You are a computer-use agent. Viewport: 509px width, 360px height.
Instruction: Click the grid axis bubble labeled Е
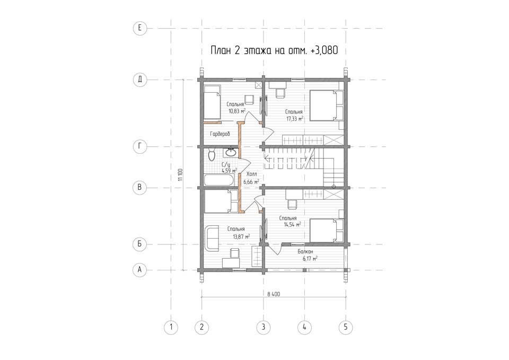point(140,28)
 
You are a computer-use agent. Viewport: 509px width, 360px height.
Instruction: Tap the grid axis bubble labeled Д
point(140,80)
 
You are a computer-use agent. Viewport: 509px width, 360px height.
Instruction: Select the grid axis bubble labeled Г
point(140,147)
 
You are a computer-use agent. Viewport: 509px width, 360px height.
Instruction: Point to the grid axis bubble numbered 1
point(171,327)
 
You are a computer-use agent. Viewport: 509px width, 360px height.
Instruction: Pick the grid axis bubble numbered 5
point(345,327)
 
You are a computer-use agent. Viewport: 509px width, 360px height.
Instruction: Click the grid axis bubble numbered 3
point(264,327)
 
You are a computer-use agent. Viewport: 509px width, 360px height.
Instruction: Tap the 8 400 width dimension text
point(274,294)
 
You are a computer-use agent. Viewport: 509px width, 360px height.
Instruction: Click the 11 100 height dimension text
point(180,175)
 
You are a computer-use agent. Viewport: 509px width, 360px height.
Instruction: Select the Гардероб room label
point(220,134)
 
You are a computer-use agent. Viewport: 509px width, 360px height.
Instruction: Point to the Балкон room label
point(305,252)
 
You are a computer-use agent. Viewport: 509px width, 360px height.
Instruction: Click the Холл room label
point(251,174)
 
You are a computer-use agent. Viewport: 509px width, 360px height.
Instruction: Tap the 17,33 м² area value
point(294,119)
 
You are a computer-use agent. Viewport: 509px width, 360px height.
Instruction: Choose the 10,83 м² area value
point(236,111)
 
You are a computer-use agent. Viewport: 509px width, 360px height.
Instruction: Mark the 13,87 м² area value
point(241,236)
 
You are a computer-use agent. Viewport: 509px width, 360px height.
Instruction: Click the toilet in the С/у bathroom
point(212,155)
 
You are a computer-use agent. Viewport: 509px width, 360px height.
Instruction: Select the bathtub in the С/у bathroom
point(218,180)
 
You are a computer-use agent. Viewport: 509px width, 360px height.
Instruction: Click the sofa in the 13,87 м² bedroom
point(212,239)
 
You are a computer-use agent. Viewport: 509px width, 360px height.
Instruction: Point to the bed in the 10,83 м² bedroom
point(212,102)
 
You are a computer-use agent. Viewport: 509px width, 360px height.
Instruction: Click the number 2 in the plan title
point(236,51)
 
